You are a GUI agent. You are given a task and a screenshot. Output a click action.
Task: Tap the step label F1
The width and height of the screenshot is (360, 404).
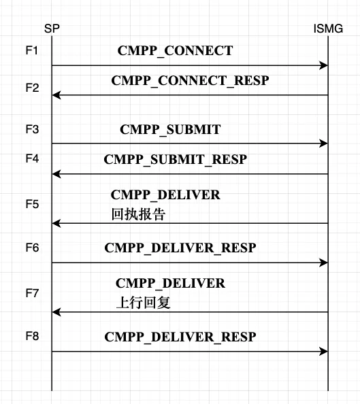tap(32, 51)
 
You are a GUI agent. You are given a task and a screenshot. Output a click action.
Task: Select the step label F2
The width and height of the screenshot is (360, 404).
tap(32, 88)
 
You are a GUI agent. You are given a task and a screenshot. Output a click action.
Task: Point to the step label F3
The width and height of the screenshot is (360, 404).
tap(32, 129)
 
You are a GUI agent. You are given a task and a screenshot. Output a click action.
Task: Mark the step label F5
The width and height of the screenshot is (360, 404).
tap(32, 204)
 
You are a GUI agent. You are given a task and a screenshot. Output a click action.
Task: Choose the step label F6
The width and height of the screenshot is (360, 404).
tap(32, 248)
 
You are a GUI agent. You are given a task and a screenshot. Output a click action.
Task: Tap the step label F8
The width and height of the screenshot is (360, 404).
tap(32, 336)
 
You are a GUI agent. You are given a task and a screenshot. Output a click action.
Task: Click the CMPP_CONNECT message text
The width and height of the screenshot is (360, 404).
tap(175, 51)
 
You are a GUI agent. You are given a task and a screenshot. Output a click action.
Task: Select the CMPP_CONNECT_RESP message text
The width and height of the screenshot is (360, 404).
tap(190, 81)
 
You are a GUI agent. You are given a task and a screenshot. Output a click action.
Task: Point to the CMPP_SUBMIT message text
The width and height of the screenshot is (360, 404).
tap(170, 129)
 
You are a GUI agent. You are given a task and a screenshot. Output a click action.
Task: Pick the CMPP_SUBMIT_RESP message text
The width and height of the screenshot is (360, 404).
tap(175, 160)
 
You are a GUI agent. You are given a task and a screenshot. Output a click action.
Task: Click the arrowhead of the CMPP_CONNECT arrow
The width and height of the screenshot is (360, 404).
tap(325, 65)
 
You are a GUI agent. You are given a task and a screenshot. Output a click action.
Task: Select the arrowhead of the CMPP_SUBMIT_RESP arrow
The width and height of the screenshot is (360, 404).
tap(55, 174)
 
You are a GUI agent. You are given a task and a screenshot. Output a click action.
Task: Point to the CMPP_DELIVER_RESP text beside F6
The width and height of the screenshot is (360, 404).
tap(180, 248)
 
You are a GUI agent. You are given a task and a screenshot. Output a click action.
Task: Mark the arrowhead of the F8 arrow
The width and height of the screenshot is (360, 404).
tap(325, 351)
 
